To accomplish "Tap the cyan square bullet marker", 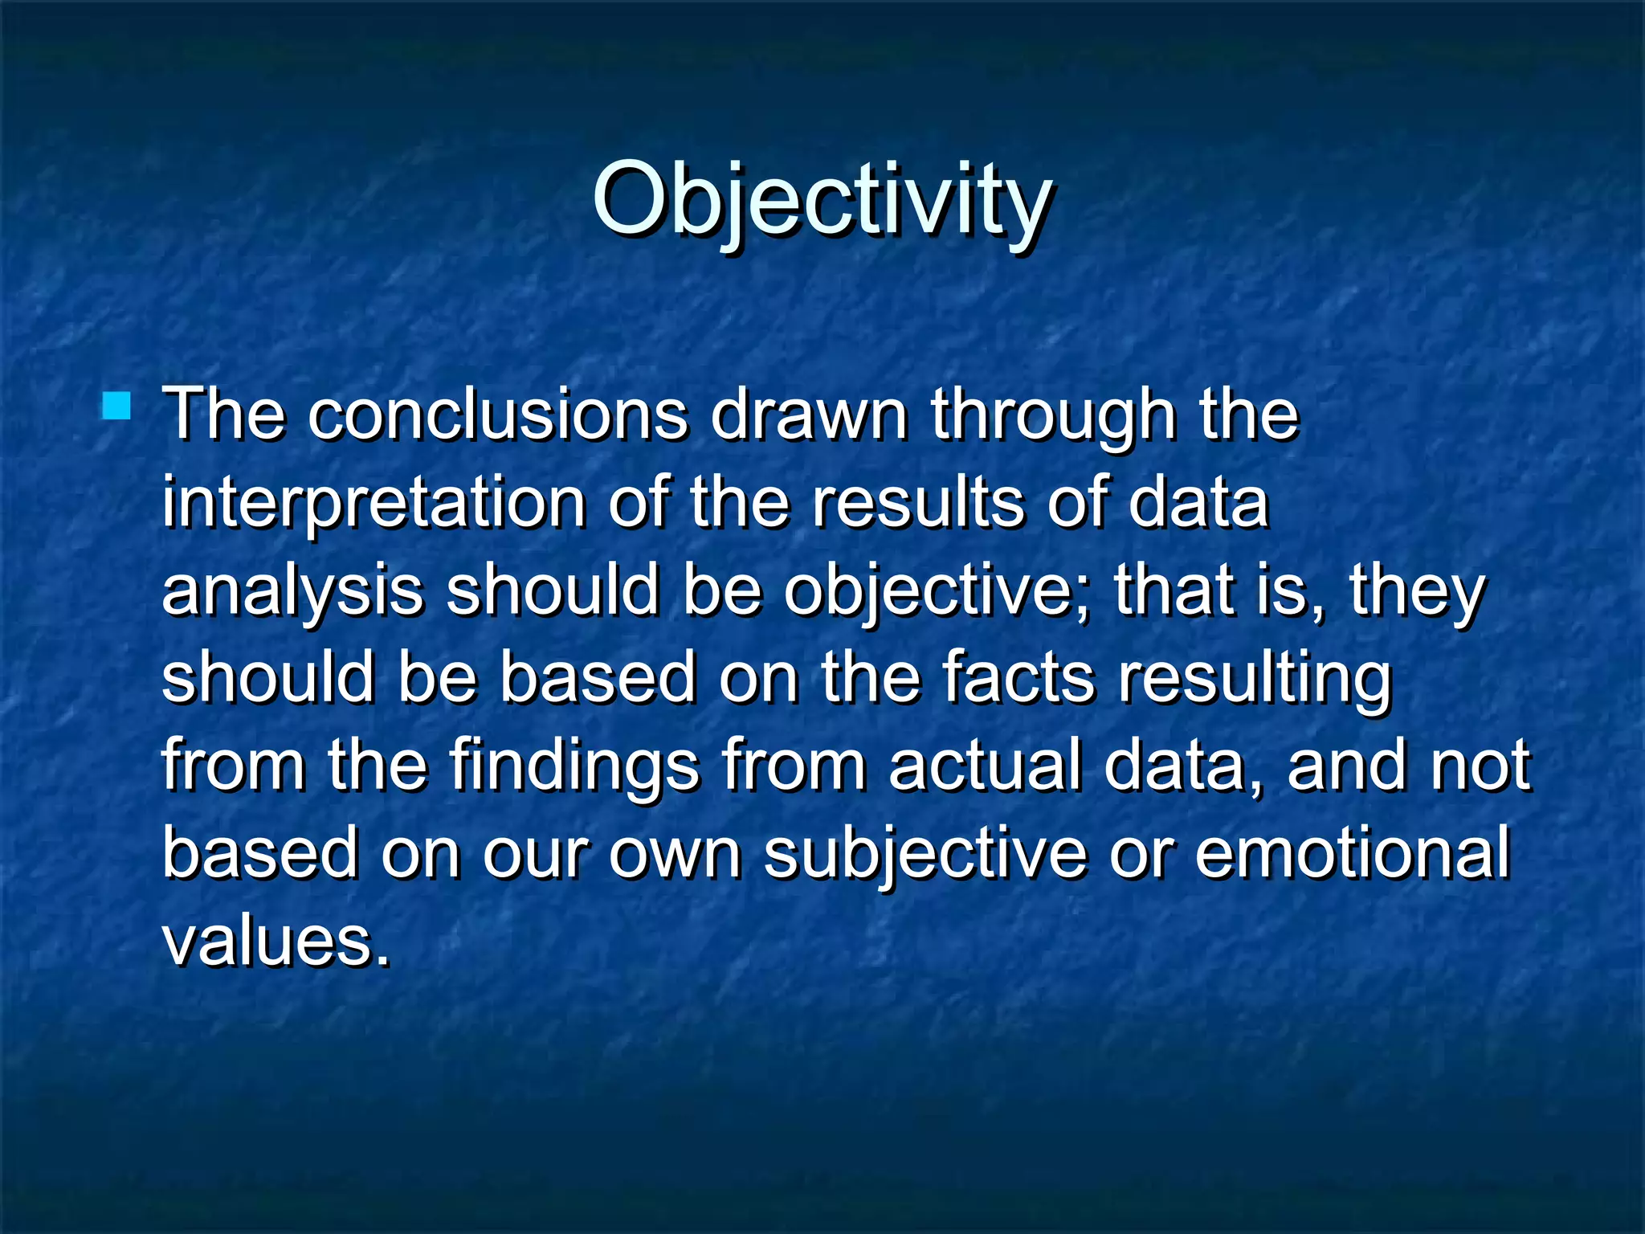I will pyautogui.click(x=116, y=406).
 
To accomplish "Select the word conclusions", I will pyautogui.click(x=498, y=416).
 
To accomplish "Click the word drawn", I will pyautogui.click(x=809, y=416).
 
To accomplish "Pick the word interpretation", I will pyautogui.click(x=373, y=505).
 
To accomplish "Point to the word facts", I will pyautogui.click(x=1018, y=678).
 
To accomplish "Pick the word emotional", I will pyautogui.click(x=1353, y=853).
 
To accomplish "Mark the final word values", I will pyautogui.click(x=276, y=942).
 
